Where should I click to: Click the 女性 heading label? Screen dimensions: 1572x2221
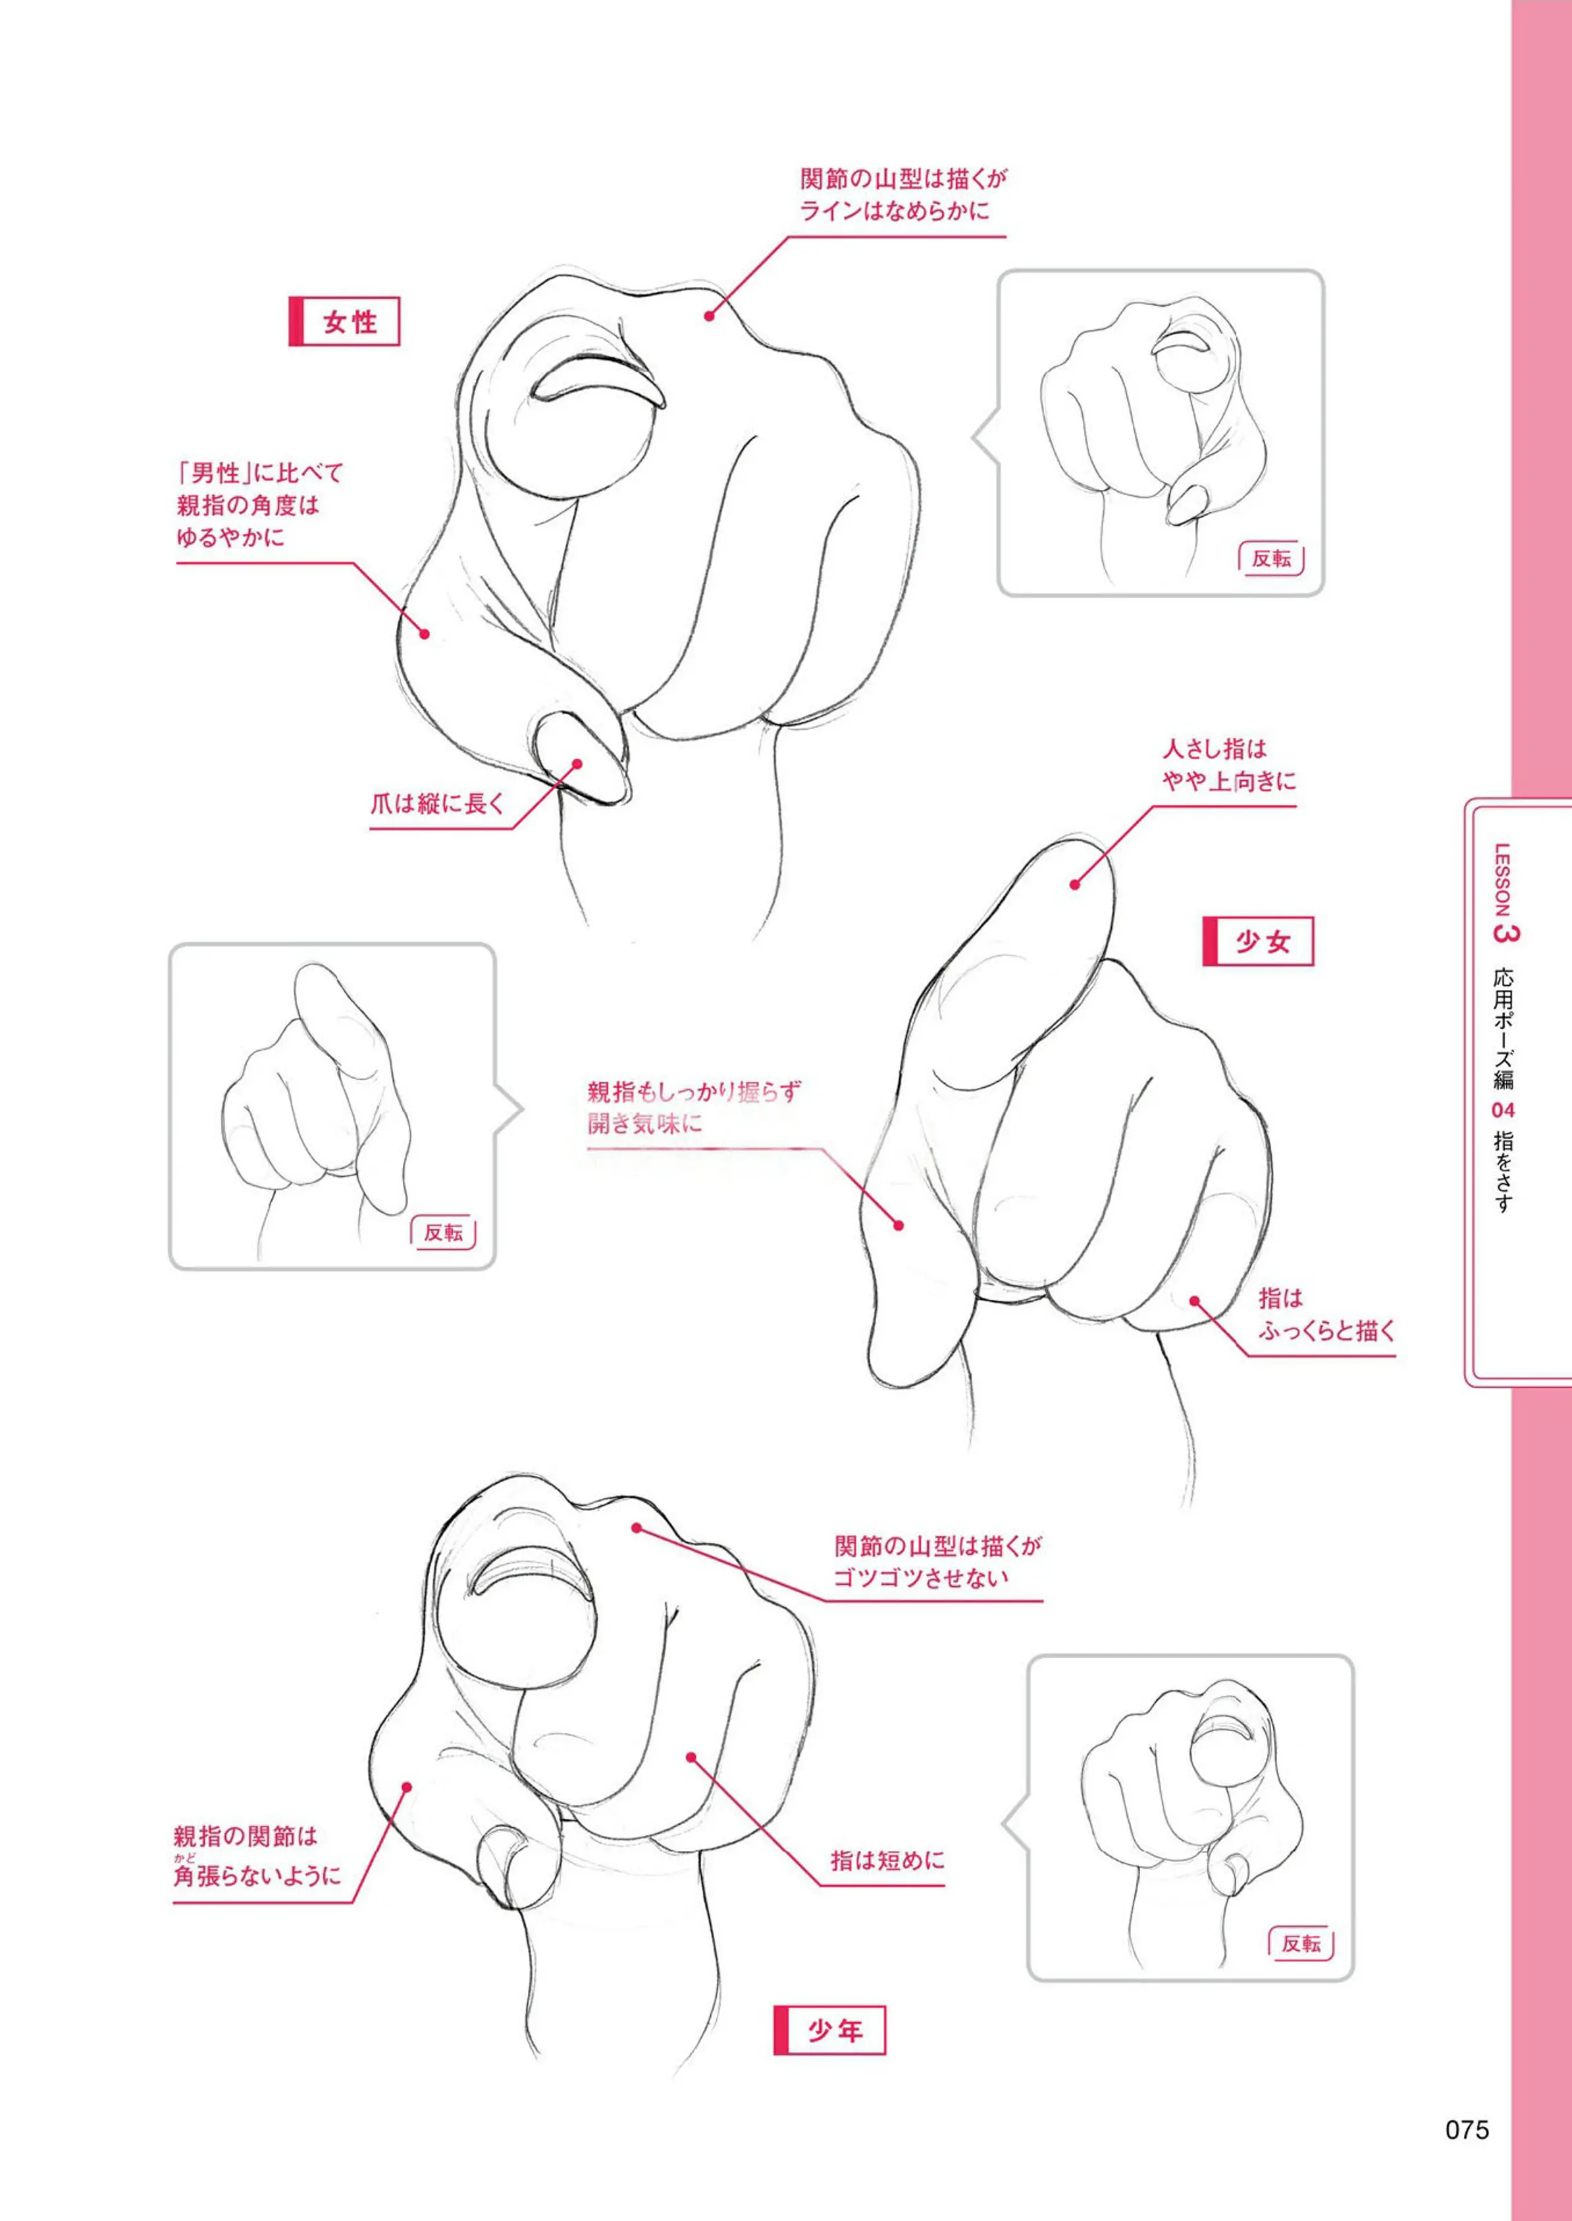pos(344,321)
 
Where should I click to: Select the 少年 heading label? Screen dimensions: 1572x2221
pos(829,2030)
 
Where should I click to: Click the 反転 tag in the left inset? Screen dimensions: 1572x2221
pos(443,1233)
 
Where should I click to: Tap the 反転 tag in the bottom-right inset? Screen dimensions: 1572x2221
pos(1300,1944)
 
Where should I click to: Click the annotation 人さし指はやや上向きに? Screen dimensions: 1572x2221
pos(1228,765)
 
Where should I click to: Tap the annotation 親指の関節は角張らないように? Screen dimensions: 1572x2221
pos(257,1857)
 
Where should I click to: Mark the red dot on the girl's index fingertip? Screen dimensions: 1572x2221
pos(1074,884)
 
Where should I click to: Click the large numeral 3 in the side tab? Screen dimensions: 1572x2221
pos(1506,932)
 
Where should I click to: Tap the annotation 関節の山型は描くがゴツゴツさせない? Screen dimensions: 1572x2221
pos(937,1561)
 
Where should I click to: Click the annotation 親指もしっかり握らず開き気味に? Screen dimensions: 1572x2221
pos(694,1108)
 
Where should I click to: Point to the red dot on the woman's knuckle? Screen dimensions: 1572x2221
pos(708,315)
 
